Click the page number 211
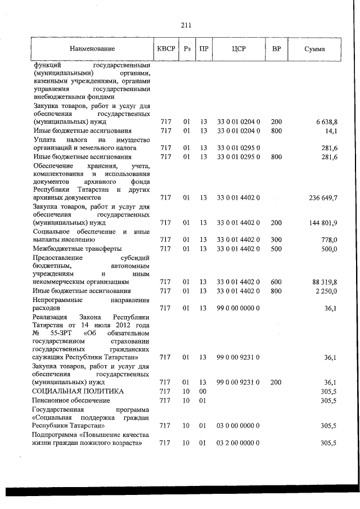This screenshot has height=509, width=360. pyautogui.click(x=186, y=25)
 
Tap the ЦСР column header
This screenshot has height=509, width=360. pyautogui.click(x=238, y=49)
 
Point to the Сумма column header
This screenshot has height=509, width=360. pyautogui.click(x=314, y=49)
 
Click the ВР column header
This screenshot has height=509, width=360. pyautogui.click(x=276, y=49)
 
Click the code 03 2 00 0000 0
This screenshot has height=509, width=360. pyautogui.click(x=238, y=443)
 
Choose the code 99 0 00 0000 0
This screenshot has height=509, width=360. pyautogui.click(x=238, y=308)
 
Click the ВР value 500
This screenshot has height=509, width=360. pyautogui.click(x=276, y=249)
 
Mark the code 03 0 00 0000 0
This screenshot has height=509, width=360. pyautogui.click(x=238, y=426)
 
